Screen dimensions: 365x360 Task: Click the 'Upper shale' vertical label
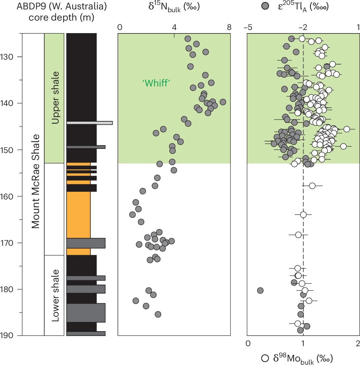[x=54, y=98]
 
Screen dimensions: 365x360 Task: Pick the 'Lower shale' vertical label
[x=54, y=295]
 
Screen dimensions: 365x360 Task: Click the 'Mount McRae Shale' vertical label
[x=35, y=181]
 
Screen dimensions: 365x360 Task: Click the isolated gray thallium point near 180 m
[x=260, y=290]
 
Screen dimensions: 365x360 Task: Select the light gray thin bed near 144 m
[x=90, y=123]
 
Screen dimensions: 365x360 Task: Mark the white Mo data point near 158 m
[x=312, y=186]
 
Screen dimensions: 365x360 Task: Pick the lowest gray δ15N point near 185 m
[x=158, y=314]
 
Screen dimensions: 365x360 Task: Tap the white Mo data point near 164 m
[x=303, y=214]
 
